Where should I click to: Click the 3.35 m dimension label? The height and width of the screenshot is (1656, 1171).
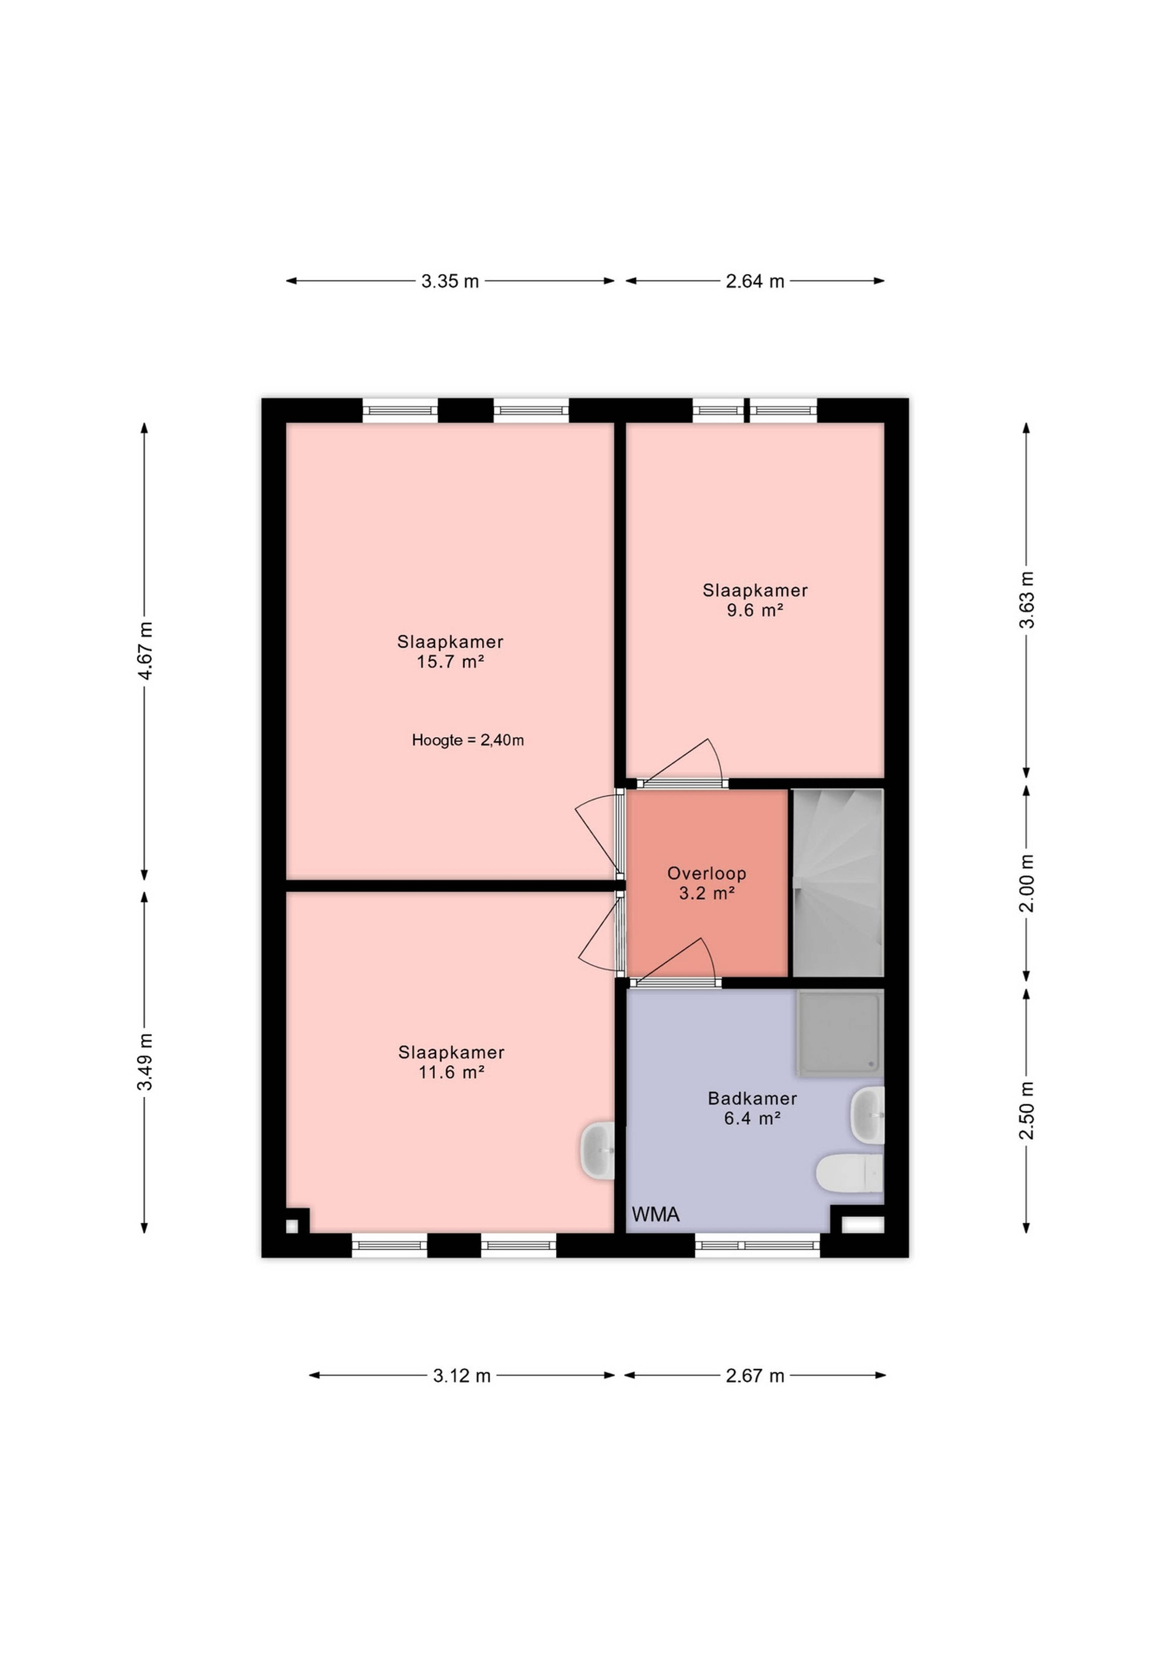[450, 281]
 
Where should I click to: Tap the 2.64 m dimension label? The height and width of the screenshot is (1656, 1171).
[755, 281]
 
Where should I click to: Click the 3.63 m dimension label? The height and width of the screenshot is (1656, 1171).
[1027, 600]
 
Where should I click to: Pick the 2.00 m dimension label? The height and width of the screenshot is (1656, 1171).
[1027, 884]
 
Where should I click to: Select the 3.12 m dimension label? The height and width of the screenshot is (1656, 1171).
[461, 1376]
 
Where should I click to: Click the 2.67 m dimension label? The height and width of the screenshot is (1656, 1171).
[755, 1376]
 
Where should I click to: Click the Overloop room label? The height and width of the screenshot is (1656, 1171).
[707, 873]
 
